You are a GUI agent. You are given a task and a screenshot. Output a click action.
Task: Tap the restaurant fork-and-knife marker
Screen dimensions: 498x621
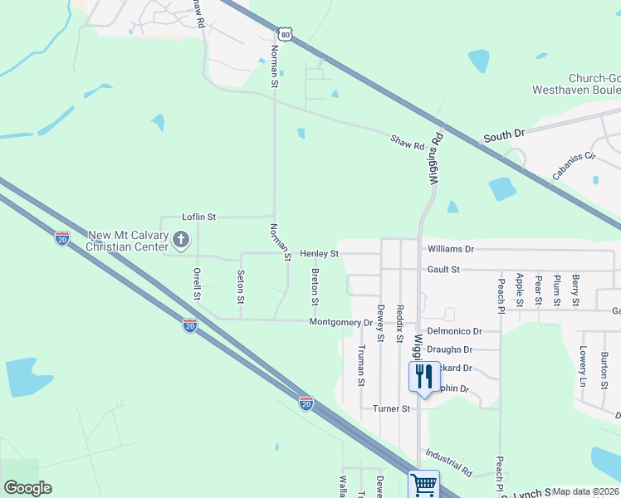pyautogui.click(x=424, y=377)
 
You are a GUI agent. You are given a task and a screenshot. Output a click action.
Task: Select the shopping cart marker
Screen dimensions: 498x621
pyautogui.click(x=424, y=484)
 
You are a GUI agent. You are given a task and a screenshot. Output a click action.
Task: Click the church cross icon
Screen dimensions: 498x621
pyautogui.click(x=181, y=241)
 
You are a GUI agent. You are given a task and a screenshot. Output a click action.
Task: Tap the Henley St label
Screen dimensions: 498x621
pyautogui.click(x=320, y=253)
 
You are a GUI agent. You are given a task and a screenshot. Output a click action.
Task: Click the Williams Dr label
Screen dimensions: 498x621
pyautogui.click(x=451, y=248)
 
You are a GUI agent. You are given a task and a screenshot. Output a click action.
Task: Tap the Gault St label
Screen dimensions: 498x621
pyautogui.click(x=443, y=270)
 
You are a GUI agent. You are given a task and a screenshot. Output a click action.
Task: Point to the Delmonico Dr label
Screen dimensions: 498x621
pyautogui.click(x=455, y=330)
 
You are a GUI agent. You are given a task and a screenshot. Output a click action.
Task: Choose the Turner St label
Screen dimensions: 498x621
pyautogui.click(x=392, y=408)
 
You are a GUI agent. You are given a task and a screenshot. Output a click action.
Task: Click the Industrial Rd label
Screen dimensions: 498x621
pyautogui.click(x=448, y=462)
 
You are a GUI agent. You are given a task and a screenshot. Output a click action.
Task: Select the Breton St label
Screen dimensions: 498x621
pyautogui.click(x=315, y=286)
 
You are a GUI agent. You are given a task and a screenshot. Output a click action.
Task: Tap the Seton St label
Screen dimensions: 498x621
pyautogui.click(x=241, y=286)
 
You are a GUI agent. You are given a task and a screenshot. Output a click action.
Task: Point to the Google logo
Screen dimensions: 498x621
pyautogui.click(x=27, y=488)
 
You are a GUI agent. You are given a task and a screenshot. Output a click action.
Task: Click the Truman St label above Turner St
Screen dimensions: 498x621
pyautogui.click(x=361, y=365)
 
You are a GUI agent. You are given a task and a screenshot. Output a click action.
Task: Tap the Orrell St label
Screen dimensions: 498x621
pyautogui.click(x=197, y=284)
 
